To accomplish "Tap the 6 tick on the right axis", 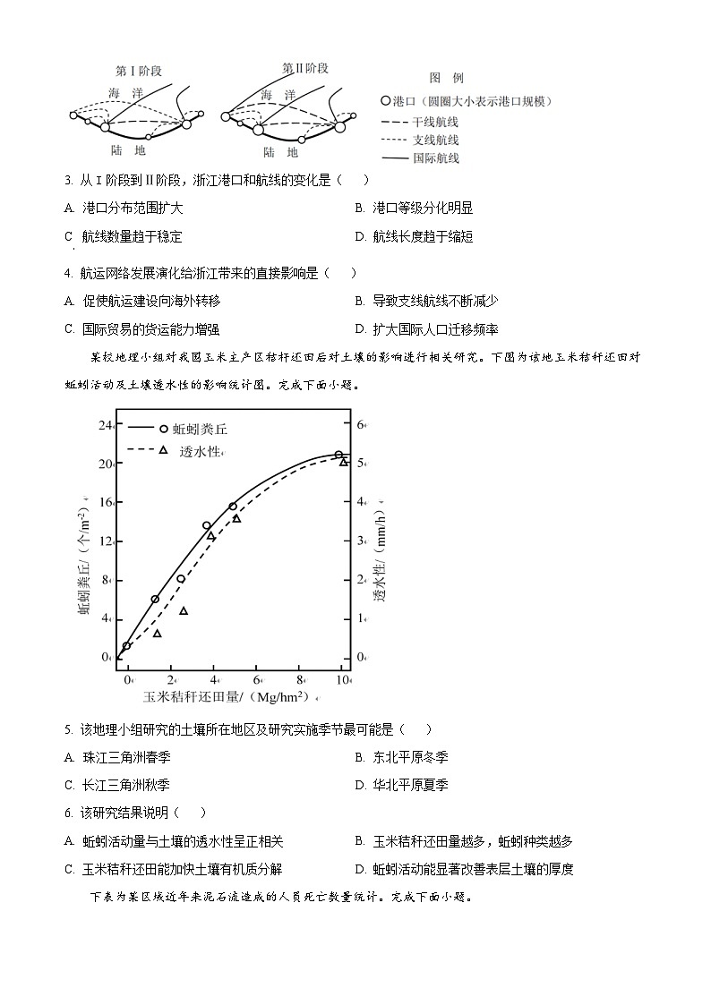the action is click(362, 424).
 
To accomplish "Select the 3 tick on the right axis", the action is click(362, 541).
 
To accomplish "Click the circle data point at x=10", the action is click(338, 455).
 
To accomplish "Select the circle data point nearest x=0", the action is click(127, 645).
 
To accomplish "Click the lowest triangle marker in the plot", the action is click(158, 634).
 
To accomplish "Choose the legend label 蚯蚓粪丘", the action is click(203, 430).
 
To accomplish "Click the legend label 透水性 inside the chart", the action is click(199, 451).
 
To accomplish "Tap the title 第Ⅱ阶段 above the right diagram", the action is click(305, 68).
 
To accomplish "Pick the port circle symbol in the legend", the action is click(386, 101).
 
